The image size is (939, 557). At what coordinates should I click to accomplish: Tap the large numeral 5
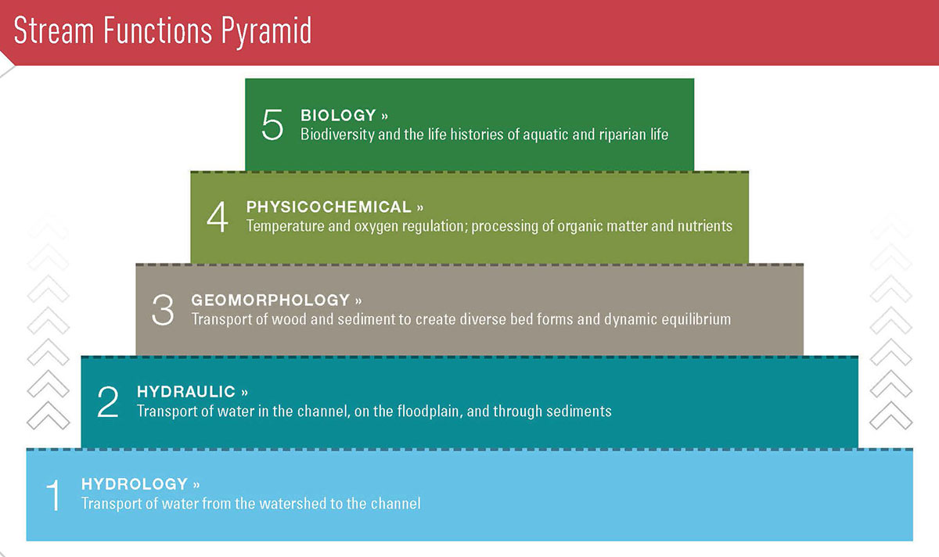pyautogui.click(x=272, y=124)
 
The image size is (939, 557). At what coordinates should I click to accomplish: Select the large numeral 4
pyautogui.click(x=218, y=217)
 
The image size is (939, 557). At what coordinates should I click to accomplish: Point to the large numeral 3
pyautogui.click(x=163, y=310)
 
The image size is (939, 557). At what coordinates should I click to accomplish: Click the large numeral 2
pyautogui.click(x=108, y=401)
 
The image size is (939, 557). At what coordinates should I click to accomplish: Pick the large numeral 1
pyautogui.click(x=54, y=495)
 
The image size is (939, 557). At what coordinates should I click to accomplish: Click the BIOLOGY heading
pyautogui.click(x=338, y=115)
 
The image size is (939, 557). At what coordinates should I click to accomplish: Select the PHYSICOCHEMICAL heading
pyautogui.click(x=329, y=207)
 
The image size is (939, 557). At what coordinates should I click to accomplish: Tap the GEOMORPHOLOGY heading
pyautogui.click(x=271, y=300)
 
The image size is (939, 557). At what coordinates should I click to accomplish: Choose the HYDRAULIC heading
pyautogui.click(x=186, y=392)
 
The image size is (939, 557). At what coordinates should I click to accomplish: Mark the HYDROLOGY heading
pyautogui.click(x=135, y=484)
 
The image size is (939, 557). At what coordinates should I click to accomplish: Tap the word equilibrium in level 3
pyautogui.click(x=696, y=319)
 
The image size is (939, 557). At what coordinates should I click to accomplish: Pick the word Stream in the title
pyautogui.click(x=54, y=31)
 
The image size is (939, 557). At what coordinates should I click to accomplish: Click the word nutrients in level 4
pyautogui.click(x=705, y=226)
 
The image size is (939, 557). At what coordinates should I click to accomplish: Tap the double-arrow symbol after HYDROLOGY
pyautogui.click(x=196, y=485)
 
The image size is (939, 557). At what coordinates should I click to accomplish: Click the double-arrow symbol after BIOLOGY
pyautogui.click(x=384, y=116)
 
